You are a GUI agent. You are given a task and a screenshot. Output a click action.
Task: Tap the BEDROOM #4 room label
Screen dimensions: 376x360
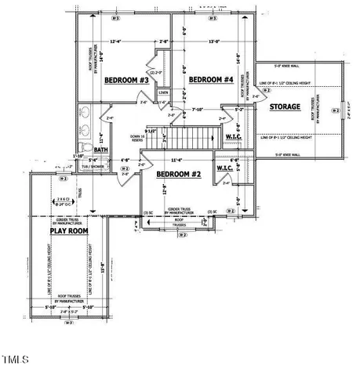point(211,79)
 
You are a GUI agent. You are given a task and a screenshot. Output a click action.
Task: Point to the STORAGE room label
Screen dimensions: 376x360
point(285,106)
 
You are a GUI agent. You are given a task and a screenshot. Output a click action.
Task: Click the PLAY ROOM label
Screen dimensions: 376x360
point(69,232)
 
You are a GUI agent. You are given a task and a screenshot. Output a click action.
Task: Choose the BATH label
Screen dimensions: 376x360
point(101,149)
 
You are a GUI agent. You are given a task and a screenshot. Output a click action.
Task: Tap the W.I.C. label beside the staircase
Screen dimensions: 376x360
point(234,138)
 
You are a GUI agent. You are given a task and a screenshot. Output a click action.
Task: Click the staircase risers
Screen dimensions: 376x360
point(191,140)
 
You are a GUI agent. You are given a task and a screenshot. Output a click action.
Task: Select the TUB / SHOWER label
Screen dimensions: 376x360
point(96,166)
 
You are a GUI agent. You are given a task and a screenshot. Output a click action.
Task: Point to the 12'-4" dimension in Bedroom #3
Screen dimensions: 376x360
point(116,42)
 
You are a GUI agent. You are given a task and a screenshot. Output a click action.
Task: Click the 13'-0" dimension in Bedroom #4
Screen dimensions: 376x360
point(212,42)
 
